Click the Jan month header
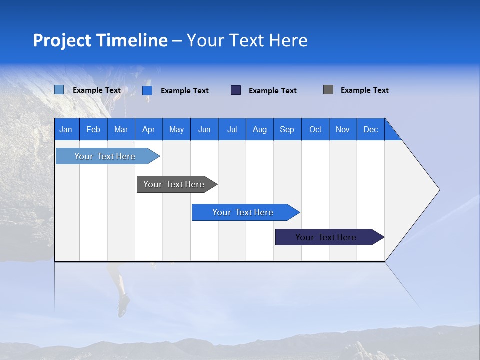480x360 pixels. pyautogui.click(x=66, y=129)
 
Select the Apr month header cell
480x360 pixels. pyautogui.click(x=149, y=129)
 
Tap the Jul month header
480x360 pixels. pyautogui.click(x=232, y=129)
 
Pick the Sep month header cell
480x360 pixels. pyautogui.click(x=287, y=129)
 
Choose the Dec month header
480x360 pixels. pyautogui.click(x=370, y=129)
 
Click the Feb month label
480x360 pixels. pyautogui.click(x=93, y=129)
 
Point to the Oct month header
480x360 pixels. pyautogui.click(x=315, y=129)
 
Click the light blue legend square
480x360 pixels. pyautogui.click(x=59, y=90)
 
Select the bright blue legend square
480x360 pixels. pyautogui.click(x=147, y=90)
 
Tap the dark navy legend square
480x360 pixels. pyautogui.click(x=236, y=90)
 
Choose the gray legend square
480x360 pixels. pyautogui.click(x=328, y=90)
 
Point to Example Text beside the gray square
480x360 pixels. pyautogui.click(x=364, y=90)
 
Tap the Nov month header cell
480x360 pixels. pyautogui.click(x=343, y=129)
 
